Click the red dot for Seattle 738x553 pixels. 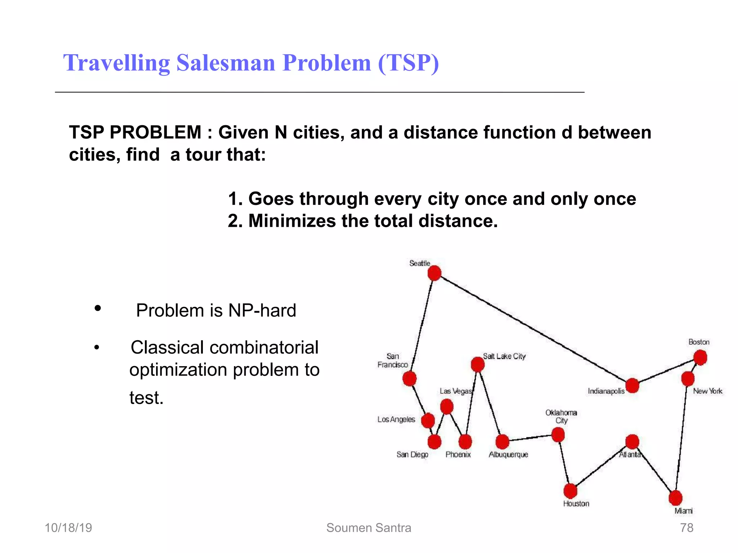[x=434, y=273]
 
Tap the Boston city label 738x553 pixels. [x=699, y=342]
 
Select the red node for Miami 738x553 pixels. [x=675, y=498]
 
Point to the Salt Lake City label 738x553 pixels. [x=504, y=356]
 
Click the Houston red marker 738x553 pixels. [x=570, y=491]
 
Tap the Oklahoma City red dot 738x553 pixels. [x=558, y=435]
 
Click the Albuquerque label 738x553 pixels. [x=508, y=455]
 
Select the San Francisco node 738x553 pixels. [x=409, y=378]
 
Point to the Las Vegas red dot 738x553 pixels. [x=446, y=407]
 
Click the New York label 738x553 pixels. [x=707, y=391]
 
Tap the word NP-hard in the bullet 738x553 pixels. [x=262, y=310]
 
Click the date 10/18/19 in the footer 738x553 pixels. [x=68, y=528]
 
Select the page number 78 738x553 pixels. [x=686, y=528]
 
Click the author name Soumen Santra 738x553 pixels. [x=369, y=528]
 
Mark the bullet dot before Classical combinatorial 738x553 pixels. [x=97, y=348]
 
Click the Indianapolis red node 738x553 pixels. [x=632, y=386]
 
